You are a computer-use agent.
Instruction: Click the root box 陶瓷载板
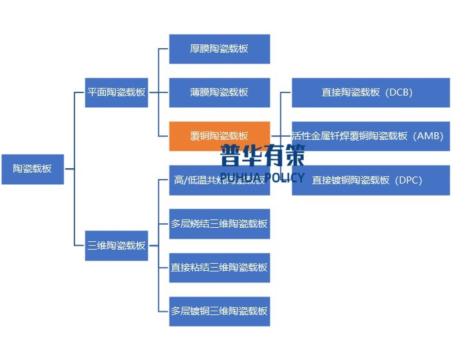[33, 169]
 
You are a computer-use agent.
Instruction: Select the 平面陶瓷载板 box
[116, 92]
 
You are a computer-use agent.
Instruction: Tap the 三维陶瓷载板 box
[116, 245]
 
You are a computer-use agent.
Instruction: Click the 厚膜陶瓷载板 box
[219, 49]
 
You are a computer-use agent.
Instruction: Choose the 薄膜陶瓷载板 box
[219, 92]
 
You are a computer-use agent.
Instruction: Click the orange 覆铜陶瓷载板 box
[219, 136]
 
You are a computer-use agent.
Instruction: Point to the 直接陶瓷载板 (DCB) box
[371, 92]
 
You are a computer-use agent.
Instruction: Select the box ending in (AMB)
[371, 136]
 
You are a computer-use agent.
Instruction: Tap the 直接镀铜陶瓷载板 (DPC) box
[371, 180]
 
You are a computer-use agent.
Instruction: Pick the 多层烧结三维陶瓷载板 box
[219, 224]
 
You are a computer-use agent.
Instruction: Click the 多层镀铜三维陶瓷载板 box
[219, 311]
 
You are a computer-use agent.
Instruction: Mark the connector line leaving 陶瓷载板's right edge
[69, 169]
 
